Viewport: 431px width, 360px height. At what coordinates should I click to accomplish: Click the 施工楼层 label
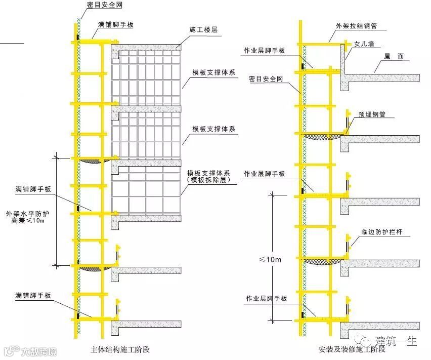click(203, 30)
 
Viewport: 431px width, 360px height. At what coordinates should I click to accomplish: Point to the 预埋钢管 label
click(372, 114)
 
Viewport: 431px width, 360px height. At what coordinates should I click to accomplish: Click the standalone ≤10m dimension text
click(271, 259)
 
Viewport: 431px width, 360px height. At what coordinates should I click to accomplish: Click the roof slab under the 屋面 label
click(384, 77)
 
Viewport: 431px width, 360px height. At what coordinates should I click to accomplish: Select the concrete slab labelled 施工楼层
click(147, 48)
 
